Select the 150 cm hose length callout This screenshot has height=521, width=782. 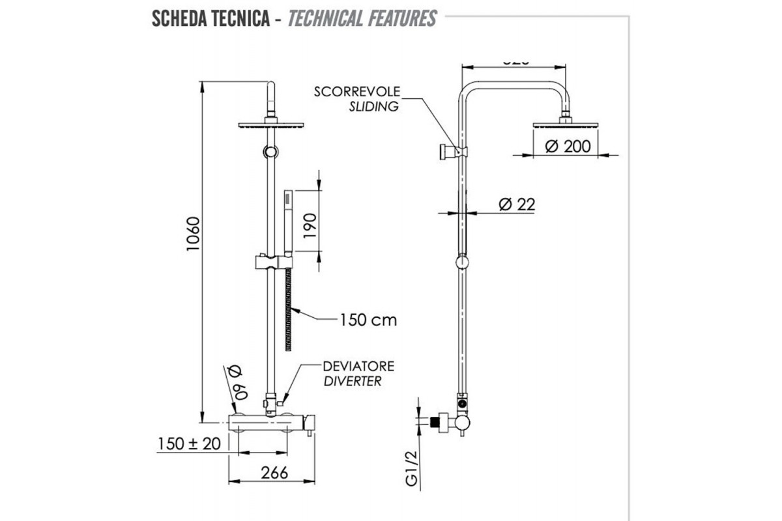point(368,320)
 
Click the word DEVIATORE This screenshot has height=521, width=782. point(359,367)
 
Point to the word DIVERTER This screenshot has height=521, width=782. point(353,382)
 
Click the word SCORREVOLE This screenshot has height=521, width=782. point(357,91)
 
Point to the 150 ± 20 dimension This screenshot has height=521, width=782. point(189,444)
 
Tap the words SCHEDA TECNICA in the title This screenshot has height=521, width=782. point(211,18)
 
